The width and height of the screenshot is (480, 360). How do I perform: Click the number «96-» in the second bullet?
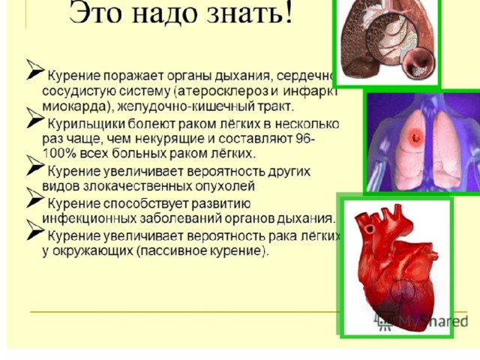pyautogui.click(x=305, y=138)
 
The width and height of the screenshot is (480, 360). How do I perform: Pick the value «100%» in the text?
pyautogui.click(x=59, y=153)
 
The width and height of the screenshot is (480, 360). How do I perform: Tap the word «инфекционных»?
pyautogui.click(x=89, y=218)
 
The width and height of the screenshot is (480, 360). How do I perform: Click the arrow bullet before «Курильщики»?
pyautogui.click(x=35, y=118)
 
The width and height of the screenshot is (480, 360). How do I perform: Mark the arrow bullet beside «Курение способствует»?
pyautogui.click(x=35, y=198)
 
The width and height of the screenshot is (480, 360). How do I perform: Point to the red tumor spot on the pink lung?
pyautogui.click(x=415, y=138)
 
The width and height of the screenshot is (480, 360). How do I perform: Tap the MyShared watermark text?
pyautogui.click(x=433, y=322)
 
